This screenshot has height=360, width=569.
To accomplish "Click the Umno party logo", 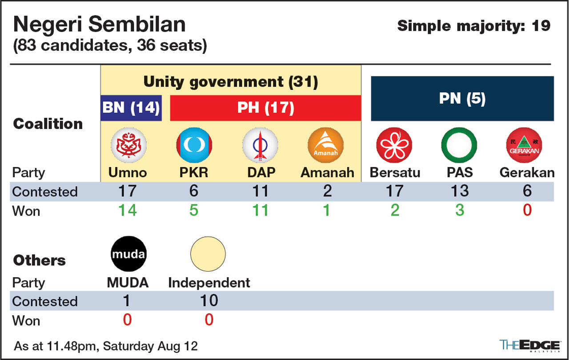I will coord(128,145).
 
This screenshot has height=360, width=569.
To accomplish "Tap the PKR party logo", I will coord(194,145).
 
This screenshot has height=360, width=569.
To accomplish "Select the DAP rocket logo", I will coord(260,145).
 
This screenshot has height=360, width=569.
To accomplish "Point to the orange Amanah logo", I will coord(326,145).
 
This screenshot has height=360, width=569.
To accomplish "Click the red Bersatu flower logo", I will coord(394,145).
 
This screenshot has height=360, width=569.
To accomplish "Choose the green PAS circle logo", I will coord(459,145).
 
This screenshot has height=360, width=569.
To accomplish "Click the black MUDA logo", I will coord(128,255).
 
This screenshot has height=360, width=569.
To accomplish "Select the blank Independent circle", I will coord(208,255).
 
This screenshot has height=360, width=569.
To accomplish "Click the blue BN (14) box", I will coord(131,108).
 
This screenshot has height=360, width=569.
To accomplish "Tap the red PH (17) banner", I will coord(265,108).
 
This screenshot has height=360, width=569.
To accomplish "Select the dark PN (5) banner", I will coord(462,99).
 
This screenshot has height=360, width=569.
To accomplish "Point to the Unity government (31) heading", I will coord(231,82).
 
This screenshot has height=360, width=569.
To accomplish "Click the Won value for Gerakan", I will coord(527,210).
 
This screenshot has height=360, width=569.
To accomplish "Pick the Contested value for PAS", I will coord(459,191).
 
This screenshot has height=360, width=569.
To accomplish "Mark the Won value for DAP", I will coord(260,210).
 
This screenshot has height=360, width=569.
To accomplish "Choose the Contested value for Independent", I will coord(208,301).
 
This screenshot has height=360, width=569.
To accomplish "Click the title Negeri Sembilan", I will coord(99,24).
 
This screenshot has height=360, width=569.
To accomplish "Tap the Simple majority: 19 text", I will coord(474,26).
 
